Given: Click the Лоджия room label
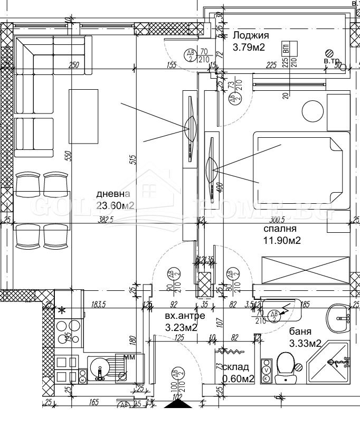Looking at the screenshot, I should [x=251, y=36].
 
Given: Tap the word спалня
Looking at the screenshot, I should [x=280, y=229].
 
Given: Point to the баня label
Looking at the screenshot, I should [x=300, y=332].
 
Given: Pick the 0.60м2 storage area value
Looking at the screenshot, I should [x=238, y=378].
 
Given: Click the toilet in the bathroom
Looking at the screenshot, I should [x=285, y=367].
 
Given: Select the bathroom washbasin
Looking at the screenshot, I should [x=338, y=317].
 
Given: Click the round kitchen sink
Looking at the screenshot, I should [x=99, y=367].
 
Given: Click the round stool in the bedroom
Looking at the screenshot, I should [x=312, y=111].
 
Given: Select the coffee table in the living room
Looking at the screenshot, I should [x=84, y=117].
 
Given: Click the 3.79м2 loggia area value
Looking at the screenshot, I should [x=249, y=48].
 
